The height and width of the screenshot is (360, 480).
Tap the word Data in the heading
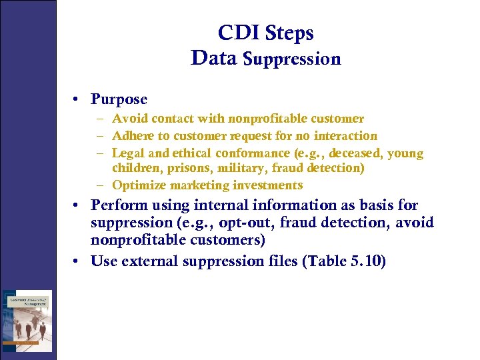(213, 58)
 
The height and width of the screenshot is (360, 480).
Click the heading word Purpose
(119, 99)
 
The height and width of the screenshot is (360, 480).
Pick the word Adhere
(132, 136)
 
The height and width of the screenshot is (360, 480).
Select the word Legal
(127, 153)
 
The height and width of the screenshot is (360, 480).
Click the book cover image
(27, 320)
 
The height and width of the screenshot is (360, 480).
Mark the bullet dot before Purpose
(78, 99)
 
